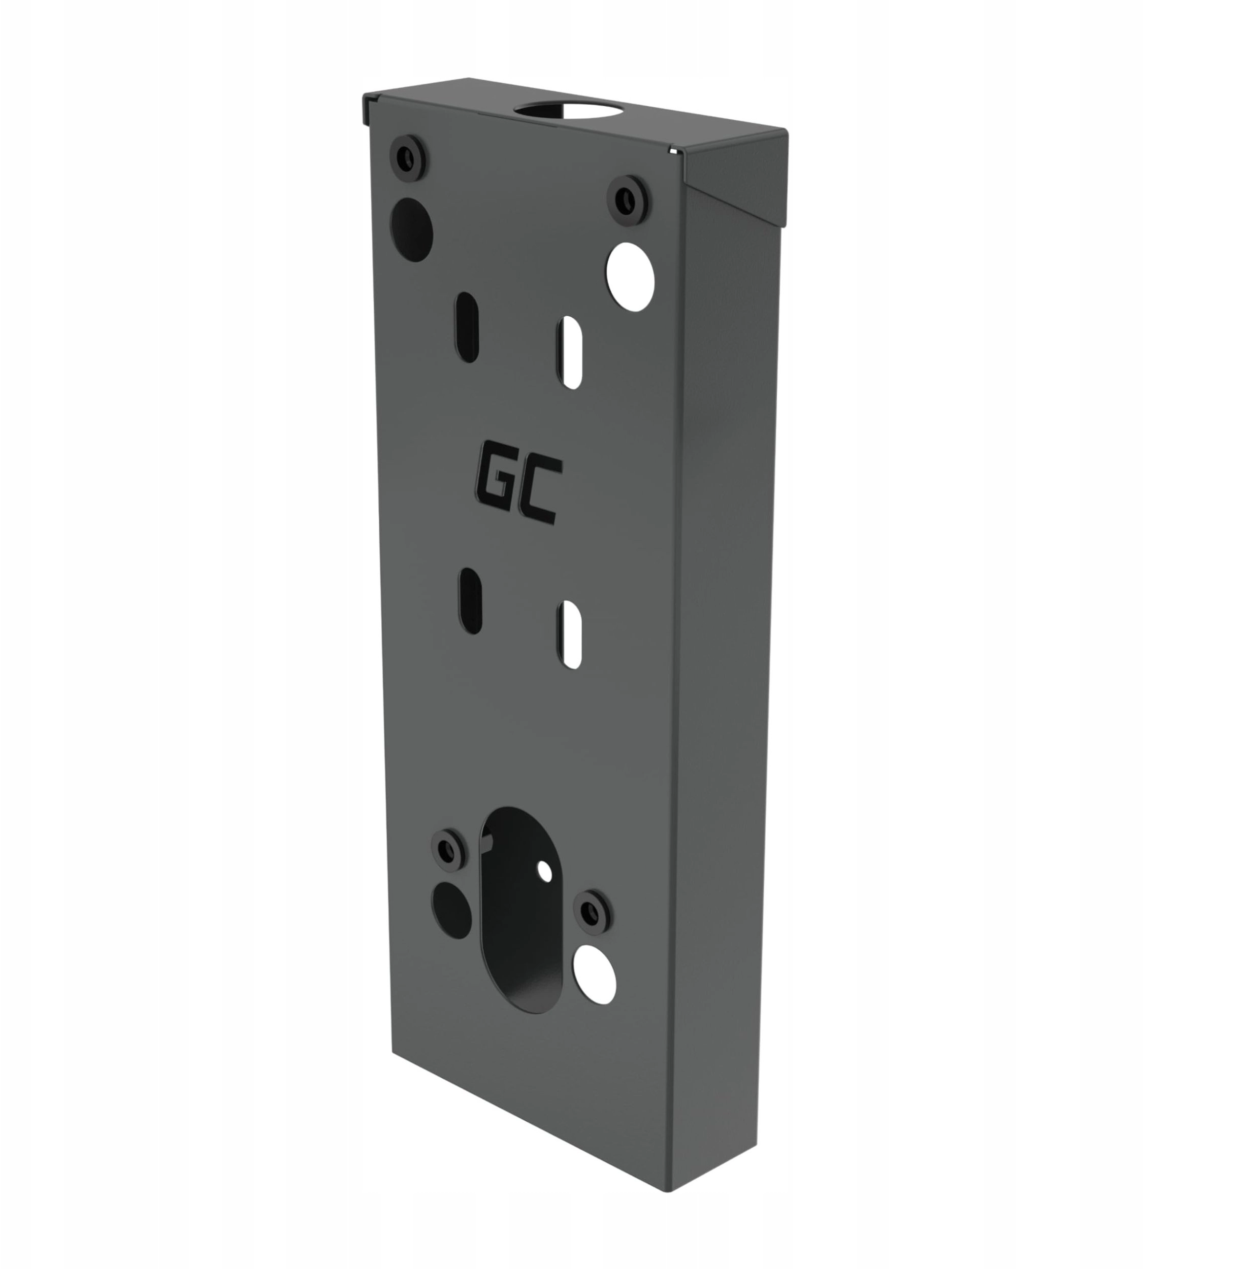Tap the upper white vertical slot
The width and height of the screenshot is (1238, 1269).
coord(571,352)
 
